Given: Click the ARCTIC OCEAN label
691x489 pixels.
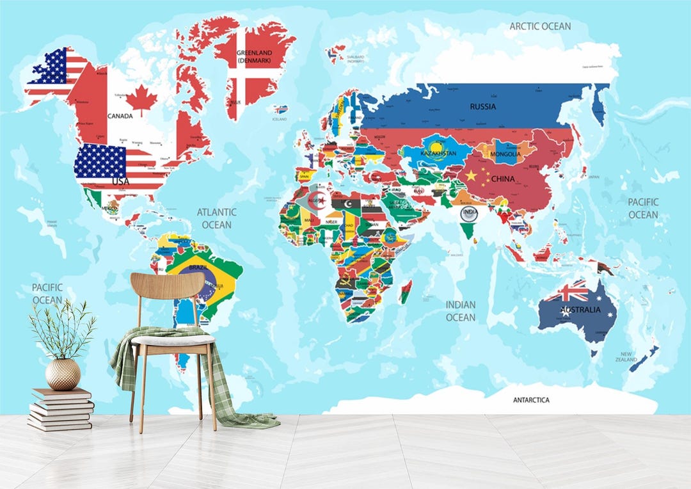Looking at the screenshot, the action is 540,26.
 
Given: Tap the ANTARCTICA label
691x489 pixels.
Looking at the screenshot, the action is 531,400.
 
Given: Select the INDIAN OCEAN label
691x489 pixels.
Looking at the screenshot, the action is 461,311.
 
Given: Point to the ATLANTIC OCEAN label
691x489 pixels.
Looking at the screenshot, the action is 216,218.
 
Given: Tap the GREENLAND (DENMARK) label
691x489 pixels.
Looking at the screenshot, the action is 255,56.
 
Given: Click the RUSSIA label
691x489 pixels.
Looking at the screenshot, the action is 482,106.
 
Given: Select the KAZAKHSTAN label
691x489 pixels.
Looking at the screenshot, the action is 439,154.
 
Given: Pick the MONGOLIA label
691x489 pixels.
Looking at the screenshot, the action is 505,154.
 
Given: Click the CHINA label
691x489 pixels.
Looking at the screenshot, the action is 503,179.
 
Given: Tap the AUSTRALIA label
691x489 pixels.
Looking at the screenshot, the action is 580,310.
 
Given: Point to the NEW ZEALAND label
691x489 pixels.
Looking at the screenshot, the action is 626,357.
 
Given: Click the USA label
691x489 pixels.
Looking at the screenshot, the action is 120,181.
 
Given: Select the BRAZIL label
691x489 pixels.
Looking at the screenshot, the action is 198,266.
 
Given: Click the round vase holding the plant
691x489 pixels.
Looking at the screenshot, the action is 63,374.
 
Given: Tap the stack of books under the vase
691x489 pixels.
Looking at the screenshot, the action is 61,408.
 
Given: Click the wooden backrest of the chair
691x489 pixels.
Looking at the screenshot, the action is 168,285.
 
